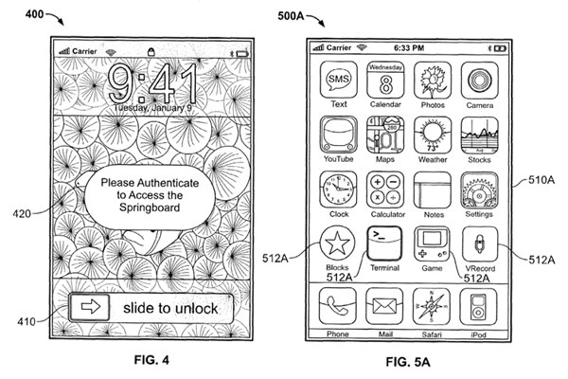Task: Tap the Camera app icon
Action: click(479, 80)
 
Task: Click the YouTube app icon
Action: click(338, 135)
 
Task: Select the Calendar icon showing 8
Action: click(385, 80)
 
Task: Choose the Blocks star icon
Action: click(338, 248)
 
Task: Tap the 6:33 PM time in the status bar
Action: click(408, 46)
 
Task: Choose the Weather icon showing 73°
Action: click(432, 135)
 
